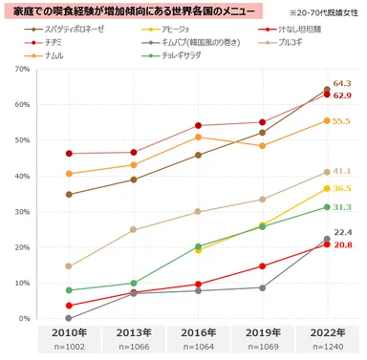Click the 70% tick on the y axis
16,71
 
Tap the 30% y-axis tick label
16,211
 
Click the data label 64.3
342,84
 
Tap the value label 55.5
342,121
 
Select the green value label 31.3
342,207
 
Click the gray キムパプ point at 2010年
68,318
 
